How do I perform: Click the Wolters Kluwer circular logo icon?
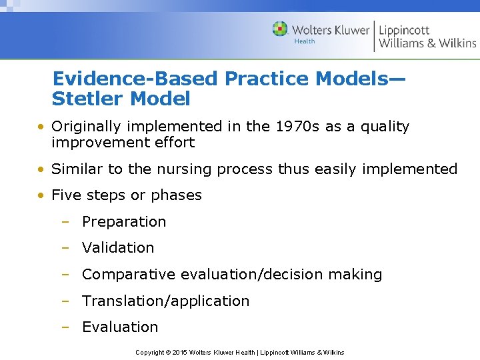(280, 29)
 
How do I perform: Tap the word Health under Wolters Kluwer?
(305, 41)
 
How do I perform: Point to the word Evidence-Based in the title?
(135, 79)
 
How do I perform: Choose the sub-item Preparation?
(124, 222)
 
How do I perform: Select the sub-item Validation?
(118, 248)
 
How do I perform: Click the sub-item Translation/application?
(165, 301)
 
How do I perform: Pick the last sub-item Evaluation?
(120, 327)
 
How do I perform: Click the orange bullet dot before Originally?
(41, 127)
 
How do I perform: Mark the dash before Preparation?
(65, 222)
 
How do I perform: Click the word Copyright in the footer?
(150, 352)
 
